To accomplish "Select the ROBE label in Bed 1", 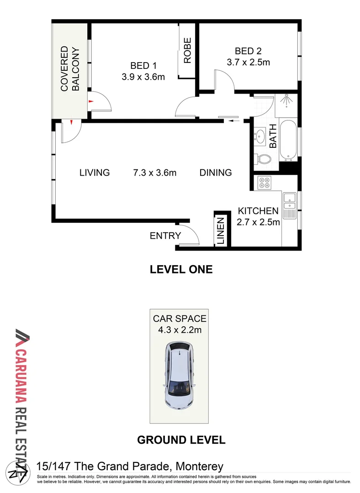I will pyautogui.click(x=187, y=50).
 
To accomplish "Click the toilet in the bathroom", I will pyautogui.click(x=263, y=159).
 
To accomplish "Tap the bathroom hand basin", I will pyautogui.click(x=261, y=136).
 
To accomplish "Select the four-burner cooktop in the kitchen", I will pyautogui.click(x=265, y=183).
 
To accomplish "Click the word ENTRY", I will pyautogui.click(x=165, y=236).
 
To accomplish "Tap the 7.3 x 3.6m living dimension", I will pyautogui.click(x=154, y=173).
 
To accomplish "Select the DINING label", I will pyautogui.click(x=216, y=173).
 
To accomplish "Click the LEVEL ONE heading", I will pyautogui.click(x=181, y=269).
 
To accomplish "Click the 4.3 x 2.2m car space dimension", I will pyautogui.click(x=180, y=330).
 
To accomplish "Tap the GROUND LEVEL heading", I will pyautogui.click(x=181, y=440).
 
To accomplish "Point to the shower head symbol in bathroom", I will pyautogui.click(x=286, y=100).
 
